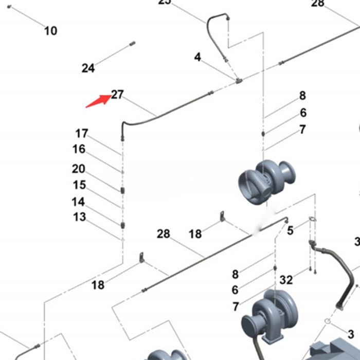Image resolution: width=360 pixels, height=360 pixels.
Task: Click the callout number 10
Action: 50,31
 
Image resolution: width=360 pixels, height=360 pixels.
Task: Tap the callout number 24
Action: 88,68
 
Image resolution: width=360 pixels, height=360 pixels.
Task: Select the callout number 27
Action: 118,95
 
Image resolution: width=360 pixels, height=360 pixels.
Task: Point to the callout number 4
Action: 197,57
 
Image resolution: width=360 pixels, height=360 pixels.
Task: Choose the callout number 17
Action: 82,134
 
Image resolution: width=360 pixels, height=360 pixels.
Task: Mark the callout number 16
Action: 79,149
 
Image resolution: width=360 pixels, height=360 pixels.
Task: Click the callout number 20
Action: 79,169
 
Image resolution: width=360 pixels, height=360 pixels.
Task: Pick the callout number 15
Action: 79,185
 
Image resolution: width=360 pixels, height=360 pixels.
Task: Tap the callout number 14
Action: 78,202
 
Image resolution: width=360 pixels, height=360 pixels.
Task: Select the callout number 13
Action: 79,217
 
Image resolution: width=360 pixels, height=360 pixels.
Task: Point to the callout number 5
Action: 290,230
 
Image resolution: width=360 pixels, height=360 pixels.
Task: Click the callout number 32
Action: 286,280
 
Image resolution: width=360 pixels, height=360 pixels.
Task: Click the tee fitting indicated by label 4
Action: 238,80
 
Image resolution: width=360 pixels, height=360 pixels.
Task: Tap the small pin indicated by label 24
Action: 132,44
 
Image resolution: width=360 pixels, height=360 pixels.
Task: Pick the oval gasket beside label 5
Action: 312,221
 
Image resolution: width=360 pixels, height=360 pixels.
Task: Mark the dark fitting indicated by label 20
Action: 122,190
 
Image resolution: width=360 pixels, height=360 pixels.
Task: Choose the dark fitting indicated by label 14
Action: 122,225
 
